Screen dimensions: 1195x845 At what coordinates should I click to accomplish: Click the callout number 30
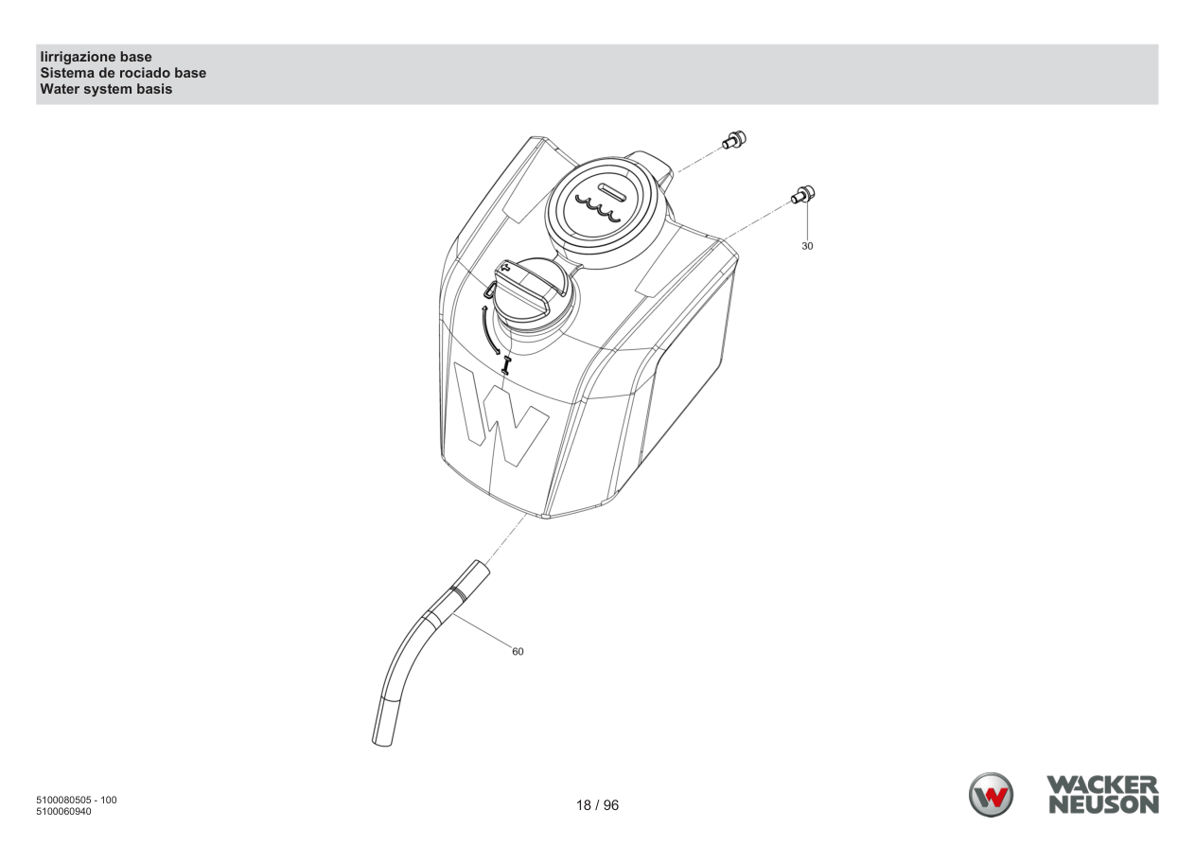pyautogui.click(x=807, y=246)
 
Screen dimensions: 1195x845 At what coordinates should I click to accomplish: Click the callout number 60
pyautogui.click(x=518, y=651)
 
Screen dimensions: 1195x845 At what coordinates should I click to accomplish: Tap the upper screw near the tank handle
pyautogui.click(x=734, y=140)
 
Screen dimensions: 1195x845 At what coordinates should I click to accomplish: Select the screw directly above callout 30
pyautogui.click(x=803, y=194)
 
